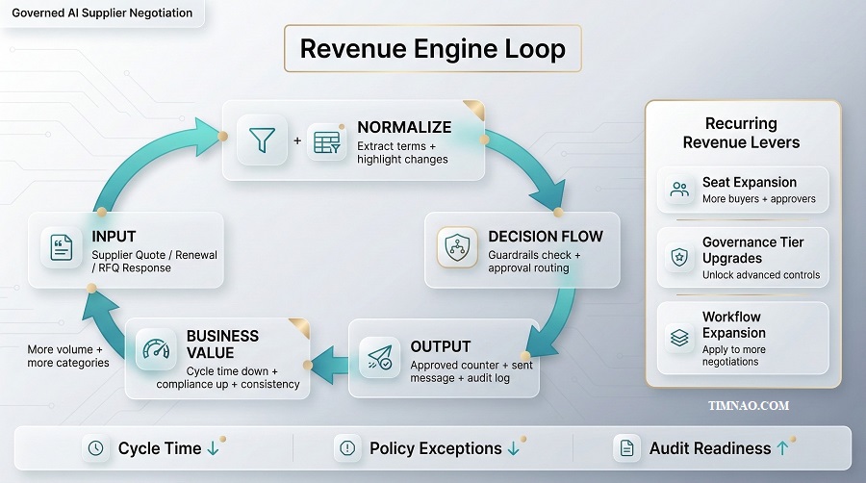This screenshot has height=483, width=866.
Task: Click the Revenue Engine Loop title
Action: [432, 49]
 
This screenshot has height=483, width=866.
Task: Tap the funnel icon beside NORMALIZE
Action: [262, 140]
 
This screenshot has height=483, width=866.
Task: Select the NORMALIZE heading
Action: [404, 127]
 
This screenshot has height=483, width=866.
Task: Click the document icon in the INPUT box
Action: [63, 248]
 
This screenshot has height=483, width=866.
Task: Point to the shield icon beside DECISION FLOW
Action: [457, 247]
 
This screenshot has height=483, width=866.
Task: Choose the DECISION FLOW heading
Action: [546, 237]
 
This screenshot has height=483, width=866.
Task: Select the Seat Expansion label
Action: [750, 182]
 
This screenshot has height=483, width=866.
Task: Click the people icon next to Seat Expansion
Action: [680, 190]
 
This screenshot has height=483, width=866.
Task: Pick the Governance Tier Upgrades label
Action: [752, 250]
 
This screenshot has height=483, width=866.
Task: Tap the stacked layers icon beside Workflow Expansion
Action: [680, 338]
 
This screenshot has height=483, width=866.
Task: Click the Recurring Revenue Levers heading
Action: [741, 133]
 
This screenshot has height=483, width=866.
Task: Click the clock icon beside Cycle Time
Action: [95, 448]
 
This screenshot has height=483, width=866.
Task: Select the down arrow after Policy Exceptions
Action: [514, 448]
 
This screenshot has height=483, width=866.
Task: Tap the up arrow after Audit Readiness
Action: [782, 448]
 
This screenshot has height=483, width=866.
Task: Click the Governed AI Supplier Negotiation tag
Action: [102, 13]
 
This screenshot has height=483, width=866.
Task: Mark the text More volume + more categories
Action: [68, 356]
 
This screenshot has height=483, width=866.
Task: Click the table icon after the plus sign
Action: [328, 141]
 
